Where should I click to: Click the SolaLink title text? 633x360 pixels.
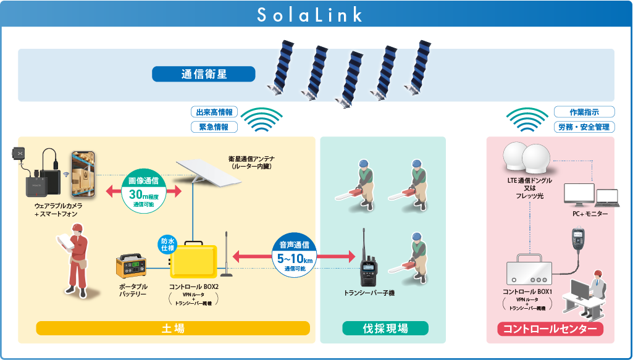310,15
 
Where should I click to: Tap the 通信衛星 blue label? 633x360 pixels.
204,74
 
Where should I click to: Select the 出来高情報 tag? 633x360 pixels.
214,112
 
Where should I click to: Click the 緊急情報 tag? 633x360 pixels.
214,127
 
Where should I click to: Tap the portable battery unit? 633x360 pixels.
132,267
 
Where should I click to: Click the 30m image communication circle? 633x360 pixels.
143,191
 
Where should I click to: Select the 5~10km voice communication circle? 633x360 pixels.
293,256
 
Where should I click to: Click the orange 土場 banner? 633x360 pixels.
173,328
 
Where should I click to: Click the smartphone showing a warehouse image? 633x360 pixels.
83,174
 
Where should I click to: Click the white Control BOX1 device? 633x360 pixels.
529,270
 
